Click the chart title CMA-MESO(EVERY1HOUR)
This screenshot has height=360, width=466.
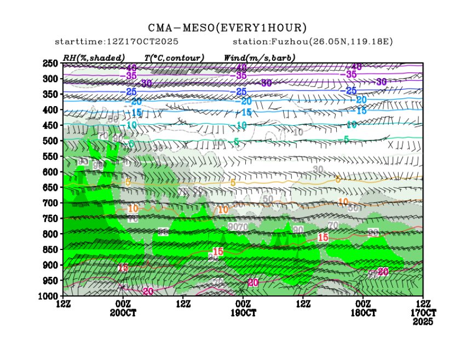[x=227, y=27]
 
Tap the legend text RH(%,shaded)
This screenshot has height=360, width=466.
[x=94, y=57]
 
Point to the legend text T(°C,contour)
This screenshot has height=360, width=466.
[x=174, y=57]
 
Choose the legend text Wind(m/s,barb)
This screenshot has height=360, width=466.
[x=260, y=57]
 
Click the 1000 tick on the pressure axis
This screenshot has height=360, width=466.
[x=49, y=296]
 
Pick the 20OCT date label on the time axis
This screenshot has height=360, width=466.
[x=122, y=313]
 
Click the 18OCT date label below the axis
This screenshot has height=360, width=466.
[x=363, y=313]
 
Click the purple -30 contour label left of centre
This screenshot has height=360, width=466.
[x=146, y=84]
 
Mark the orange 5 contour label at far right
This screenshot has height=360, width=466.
[x=338, y=179]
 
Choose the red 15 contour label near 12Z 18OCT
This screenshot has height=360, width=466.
[x=323, y=237]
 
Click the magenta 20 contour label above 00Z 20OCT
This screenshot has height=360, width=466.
[x=148, y=291]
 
